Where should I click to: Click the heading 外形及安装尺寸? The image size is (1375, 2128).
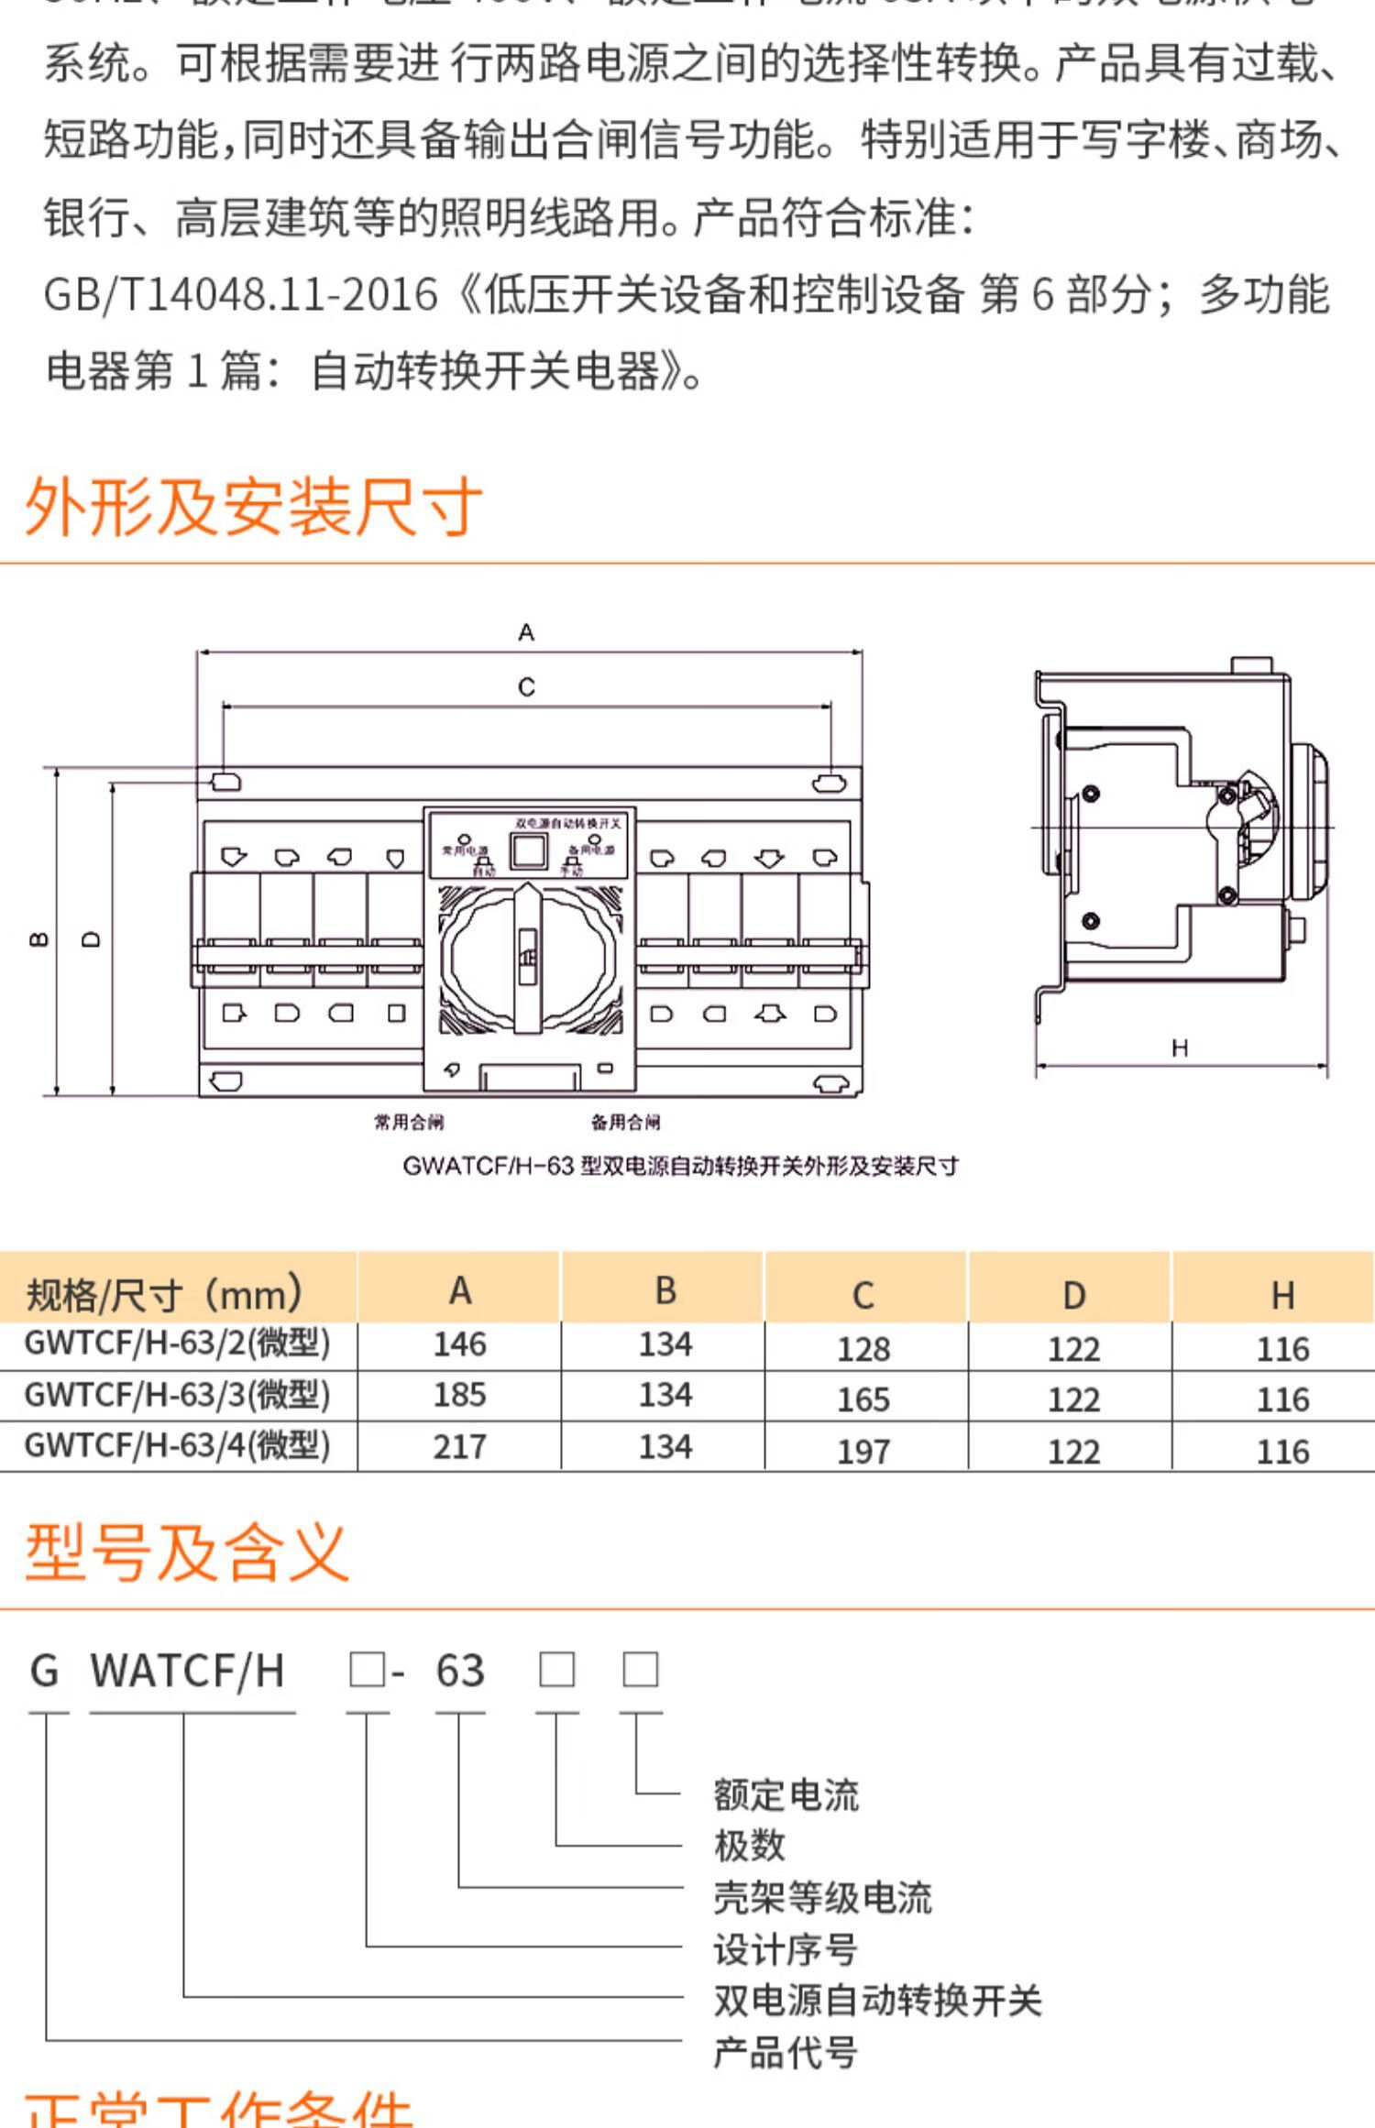253,506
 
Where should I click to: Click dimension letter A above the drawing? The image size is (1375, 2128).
526,632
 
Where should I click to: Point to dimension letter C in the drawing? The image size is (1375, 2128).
526,686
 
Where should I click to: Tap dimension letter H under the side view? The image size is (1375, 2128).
1180,1048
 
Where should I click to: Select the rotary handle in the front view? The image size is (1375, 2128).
527,958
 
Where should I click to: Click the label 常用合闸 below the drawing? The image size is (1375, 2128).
409,1122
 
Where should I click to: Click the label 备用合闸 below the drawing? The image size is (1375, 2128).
626,1122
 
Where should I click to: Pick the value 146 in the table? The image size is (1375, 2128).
459,1344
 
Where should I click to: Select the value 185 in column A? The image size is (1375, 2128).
459,1395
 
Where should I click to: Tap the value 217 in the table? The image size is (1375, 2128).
459,1446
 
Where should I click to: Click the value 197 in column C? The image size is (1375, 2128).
863,1452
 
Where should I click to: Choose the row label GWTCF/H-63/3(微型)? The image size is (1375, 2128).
177,1394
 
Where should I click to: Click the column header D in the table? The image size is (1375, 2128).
1073,1295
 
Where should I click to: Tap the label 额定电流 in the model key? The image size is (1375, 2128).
786,1794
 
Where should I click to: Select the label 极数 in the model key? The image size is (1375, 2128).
750,1844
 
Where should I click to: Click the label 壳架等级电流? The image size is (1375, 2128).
822,1898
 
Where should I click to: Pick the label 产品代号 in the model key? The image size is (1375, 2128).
786,2053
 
